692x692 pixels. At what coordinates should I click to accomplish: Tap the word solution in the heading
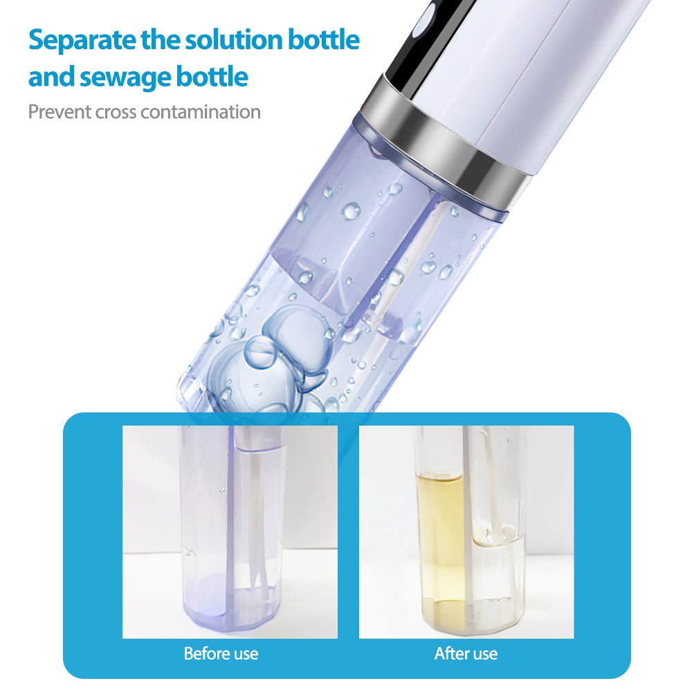tap(233, 39)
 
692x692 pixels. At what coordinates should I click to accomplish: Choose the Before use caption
tap(221, 654)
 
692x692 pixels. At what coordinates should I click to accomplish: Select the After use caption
tap(466, 654)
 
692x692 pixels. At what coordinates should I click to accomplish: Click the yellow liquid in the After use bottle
tap(440, 547)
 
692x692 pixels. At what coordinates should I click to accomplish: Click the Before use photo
tap(230, 531)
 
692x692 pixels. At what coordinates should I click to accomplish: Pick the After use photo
tap(466, 531)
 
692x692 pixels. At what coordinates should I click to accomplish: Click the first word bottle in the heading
tap(323, 39)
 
